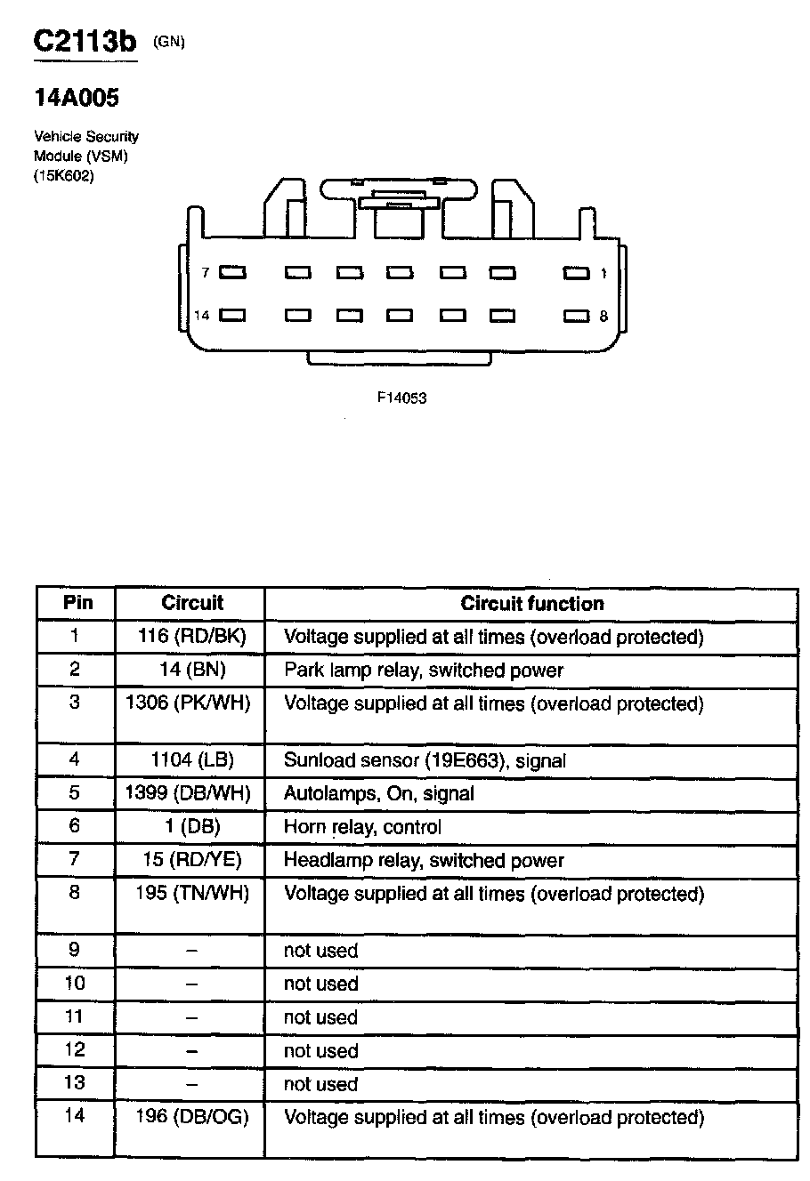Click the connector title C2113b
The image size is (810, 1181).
(85, 42)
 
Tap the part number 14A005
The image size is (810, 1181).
(76, 98)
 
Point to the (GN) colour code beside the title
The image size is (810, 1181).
(169, 41)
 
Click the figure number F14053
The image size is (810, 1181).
(402, 398)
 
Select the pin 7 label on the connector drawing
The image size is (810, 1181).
(205, 273)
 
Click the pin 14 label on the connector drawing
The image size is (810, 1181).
(202, 316)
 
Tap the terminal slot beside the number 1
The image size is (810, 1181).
(576, 273)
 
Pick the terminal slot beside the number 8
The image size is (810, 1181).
(576, 316)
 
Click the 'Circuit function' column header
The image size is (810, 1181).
(531, 604)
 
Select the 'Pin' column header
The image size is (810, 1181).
(78, 603)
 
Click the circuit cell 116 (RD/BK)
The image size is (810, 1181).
(192, 637)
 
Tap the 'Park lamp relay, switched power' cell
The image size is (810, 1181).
(423, 670)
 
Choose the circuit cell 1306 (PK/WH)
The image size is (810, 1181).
(189, 703)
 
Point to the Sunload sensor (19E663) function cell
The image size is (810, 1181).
(425, 760)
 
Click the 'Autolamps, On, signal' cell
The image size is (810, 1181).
(378, 793)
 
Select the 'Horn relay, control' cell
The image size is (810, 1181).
(361, 827)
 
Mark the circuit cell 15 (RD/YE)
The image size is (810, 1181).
(191, 860)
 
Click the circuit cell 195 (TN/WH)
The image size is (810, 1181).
(192, 893)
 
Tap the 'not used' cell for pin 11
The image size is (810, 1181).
(320, 1017)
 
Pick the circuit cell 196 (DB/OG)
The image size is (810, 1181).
(192, 1116)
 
